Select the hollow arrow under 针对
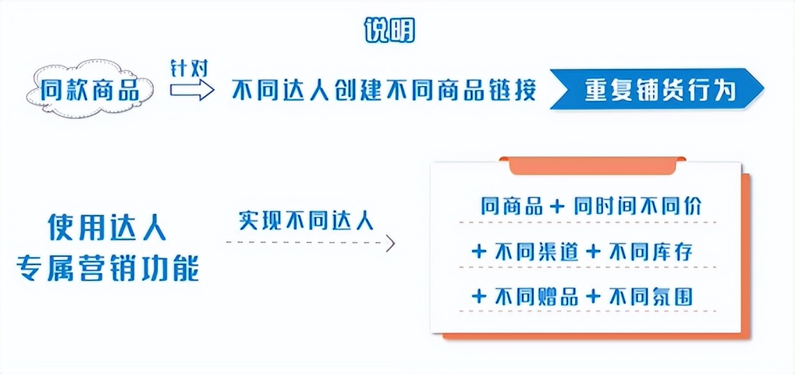[192, 90]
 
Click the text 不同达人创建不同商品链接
[384, 90]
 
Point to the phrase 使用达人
[107, 227]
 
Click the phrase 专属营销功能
[107, 268]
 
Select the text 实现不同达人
[306, 220]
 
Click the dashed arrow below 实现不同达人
[310, 243]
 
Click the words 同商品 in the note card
[512, 206]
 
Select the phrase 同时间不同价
[638, 206]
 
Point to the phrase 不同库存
[652, 252]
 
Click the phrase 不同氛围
[652, 297]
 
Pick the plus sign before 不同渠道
[478, 252]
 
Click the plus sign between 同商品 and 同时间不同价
[557, 206]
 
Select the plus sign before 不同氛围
[593, 297]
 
